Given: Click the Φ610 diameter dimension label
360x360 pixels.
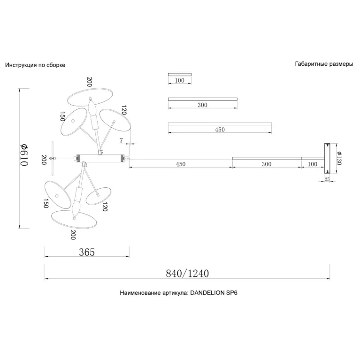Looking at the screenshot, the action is click(x=24, y=155).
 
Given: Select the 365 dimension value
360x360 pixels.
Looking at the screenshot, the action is click(x=87, y=252).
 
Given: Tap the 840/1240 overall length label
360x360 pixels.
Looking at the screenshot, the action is click(x=187, y=274).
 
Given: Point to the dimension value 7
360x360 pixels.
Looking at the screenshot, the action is click(x=121, y=140).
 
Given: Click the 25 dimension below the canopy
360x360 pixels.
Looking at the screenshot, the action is click(x=327, y=179).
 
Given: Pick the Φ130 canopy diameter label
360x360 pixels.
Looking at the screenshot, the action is click(x=339, y=158).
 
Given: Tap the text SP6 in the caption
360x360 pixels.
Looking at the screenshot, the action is click(x=232, y=293).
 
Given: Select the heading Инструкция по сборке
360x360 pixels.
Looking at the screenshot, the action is click(x=35, y=65).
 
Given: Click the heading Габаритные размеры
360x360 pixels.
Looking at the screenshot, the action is click(x=324, y=64).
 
